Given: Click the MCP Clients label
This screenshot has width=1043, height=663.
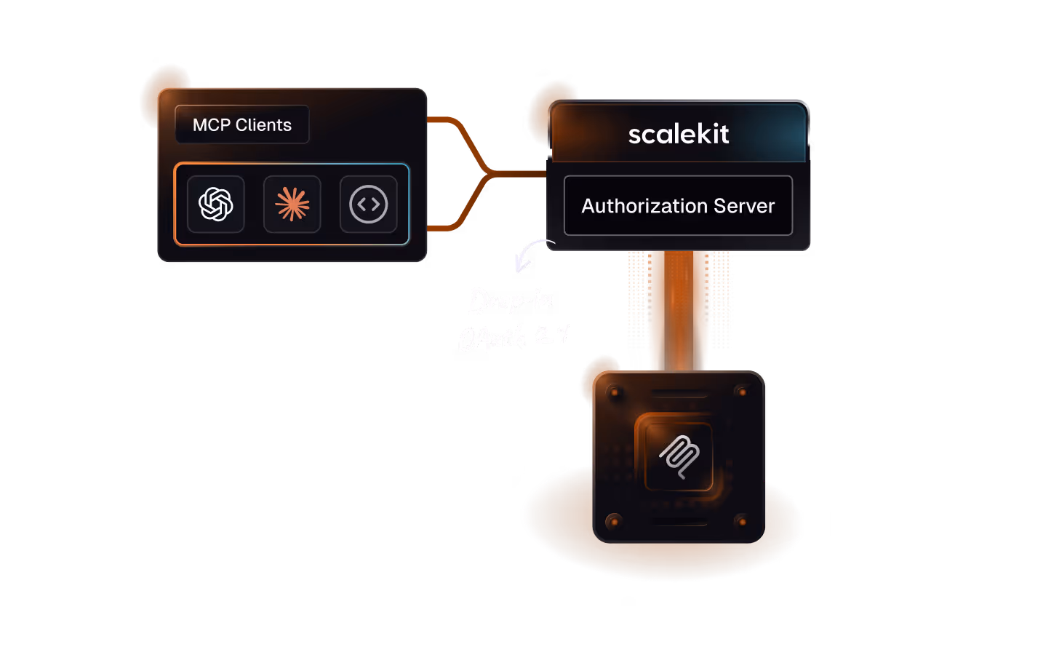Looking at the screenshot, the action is (x=241, y=125).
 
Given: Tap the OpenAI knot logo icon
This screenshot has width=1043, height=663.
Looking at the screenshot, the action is (x=216, y=205).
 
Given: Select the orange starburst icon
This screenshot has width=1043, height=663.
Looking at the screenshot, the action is (x=292, y=205).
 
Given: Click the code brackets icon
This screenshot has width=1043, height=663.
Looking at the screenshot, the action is (x=369, y=205).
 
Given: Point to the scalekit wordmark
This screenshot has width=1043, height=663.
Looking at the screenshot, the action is (x=679, y=134).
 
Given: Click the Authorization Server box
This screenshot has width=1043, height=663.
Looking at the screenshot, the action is (x=678, y=206).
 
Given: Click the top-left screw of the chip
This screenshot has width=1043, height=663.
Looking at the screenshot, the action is (x=615, y=393).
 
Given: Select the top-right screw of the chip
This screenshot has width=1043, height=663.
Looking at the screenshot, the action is (x=743, y=392).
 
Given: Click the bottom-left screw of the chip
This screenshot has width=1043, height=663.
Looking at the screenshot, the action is (x=615, y=521).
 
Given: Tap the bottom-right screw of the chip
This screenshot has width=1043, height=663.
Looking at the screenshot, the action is (x=743, y=521).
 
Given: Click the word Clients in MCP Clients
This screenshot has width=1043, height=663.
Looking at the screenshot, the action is (x=263, y=125).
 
